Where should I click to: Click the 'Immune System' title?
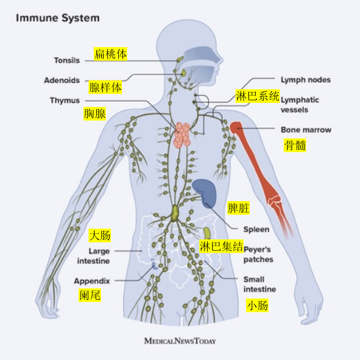(x=58, y=18)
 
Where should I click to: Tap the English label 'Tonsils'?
(x=67, y=60)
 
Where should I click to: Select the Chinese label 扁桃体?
(x=110, y=54)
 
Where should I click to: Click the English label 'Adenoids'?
(x=62, y=80)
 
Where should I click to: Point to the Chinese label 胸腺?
(x=94, y=114)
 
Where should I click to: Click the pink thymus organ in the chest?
(x=182, y=135)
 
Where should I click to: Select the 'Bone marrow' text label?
(x=306, y=130)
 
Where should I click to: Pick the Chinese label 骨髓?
(x=295, y=145)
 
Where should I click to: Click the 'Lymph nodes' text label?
(x=306, y=80)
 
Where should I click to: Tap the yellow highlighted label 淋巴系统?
(x=258, y=96)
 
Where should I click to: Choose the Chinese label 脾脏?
(x=238, y=208)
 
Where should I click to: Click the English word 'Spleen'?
(x=256, y=230)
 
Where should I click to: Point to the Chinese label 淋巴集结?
(x=221, y=246)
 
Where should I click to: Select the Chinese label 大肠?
(x=100, y=235)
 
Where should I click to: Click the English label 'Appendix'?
(x=92, y=281)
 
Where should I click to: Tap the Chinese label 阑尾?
(x=90, y=295)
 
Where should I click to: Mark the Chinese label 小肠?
(x=258, y=305)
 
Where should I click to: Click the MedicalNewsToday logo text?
(x=180, y=341)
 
